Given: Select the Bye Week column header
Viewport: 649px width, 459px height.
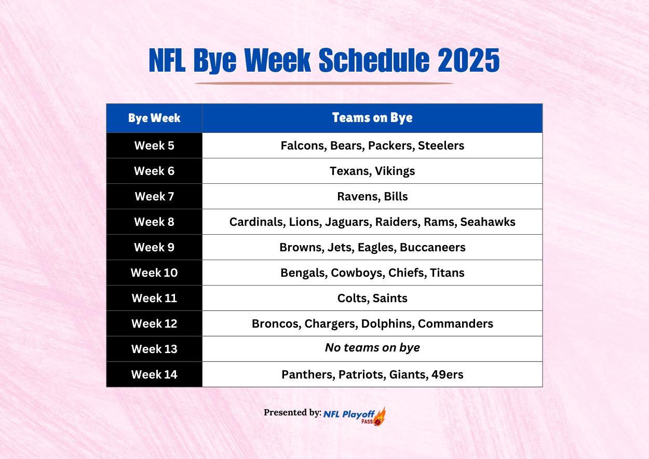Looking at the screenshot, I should tap(154, 118).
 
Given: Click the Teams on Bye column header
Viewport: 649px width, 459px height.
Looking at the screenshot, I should tap(372, 118).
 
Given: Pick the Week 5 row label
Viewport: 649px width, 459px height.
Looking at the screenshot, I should tap(154, 145).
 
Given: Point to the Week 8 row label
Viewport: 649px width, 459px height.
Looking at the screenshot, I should tap(154, 222).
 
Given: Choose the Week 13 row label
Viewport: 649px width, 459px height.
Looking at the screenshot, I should tap(154, 349).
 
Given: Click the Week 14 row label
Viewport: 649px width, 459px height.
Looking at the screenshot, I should tap(154, 374).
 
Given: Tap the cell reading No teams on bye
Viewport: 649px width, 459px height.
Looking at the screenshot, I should tap(372, 348).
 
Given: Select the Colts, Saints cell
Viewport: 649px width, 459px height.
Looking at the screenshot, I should tap(372, 298).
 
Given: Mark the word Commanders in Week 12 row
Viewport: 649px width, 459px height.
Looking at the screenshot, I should tap(455, 323).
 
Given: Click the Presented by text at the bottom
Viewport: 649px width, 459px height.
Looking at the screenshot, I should tap(292, 412).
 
